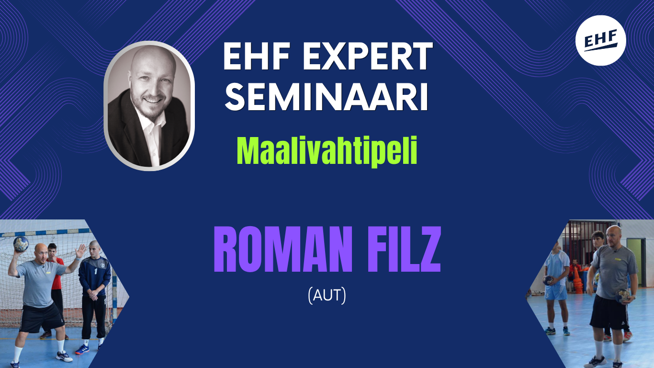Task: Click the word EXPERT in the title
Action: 368,56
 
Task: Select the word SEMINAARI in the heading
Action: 327,97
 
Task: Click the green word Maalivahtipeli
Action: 327,151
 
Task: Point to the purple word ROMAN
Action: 282,249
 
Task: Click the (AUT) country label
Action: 327,296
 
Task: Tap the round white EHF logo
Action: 600,40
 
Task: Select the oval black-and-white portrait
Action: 149,106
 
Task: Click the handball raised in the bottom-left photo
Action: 21,244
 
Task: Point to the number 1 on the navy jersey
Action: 95,272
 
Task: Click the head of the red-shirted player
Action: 52,251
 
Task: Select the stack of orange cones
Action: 578,281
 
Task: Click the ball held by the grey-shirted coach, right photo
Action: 622,296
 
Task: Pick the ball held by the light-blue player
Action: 548,281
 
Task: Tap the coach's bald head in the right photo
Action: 614,235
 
